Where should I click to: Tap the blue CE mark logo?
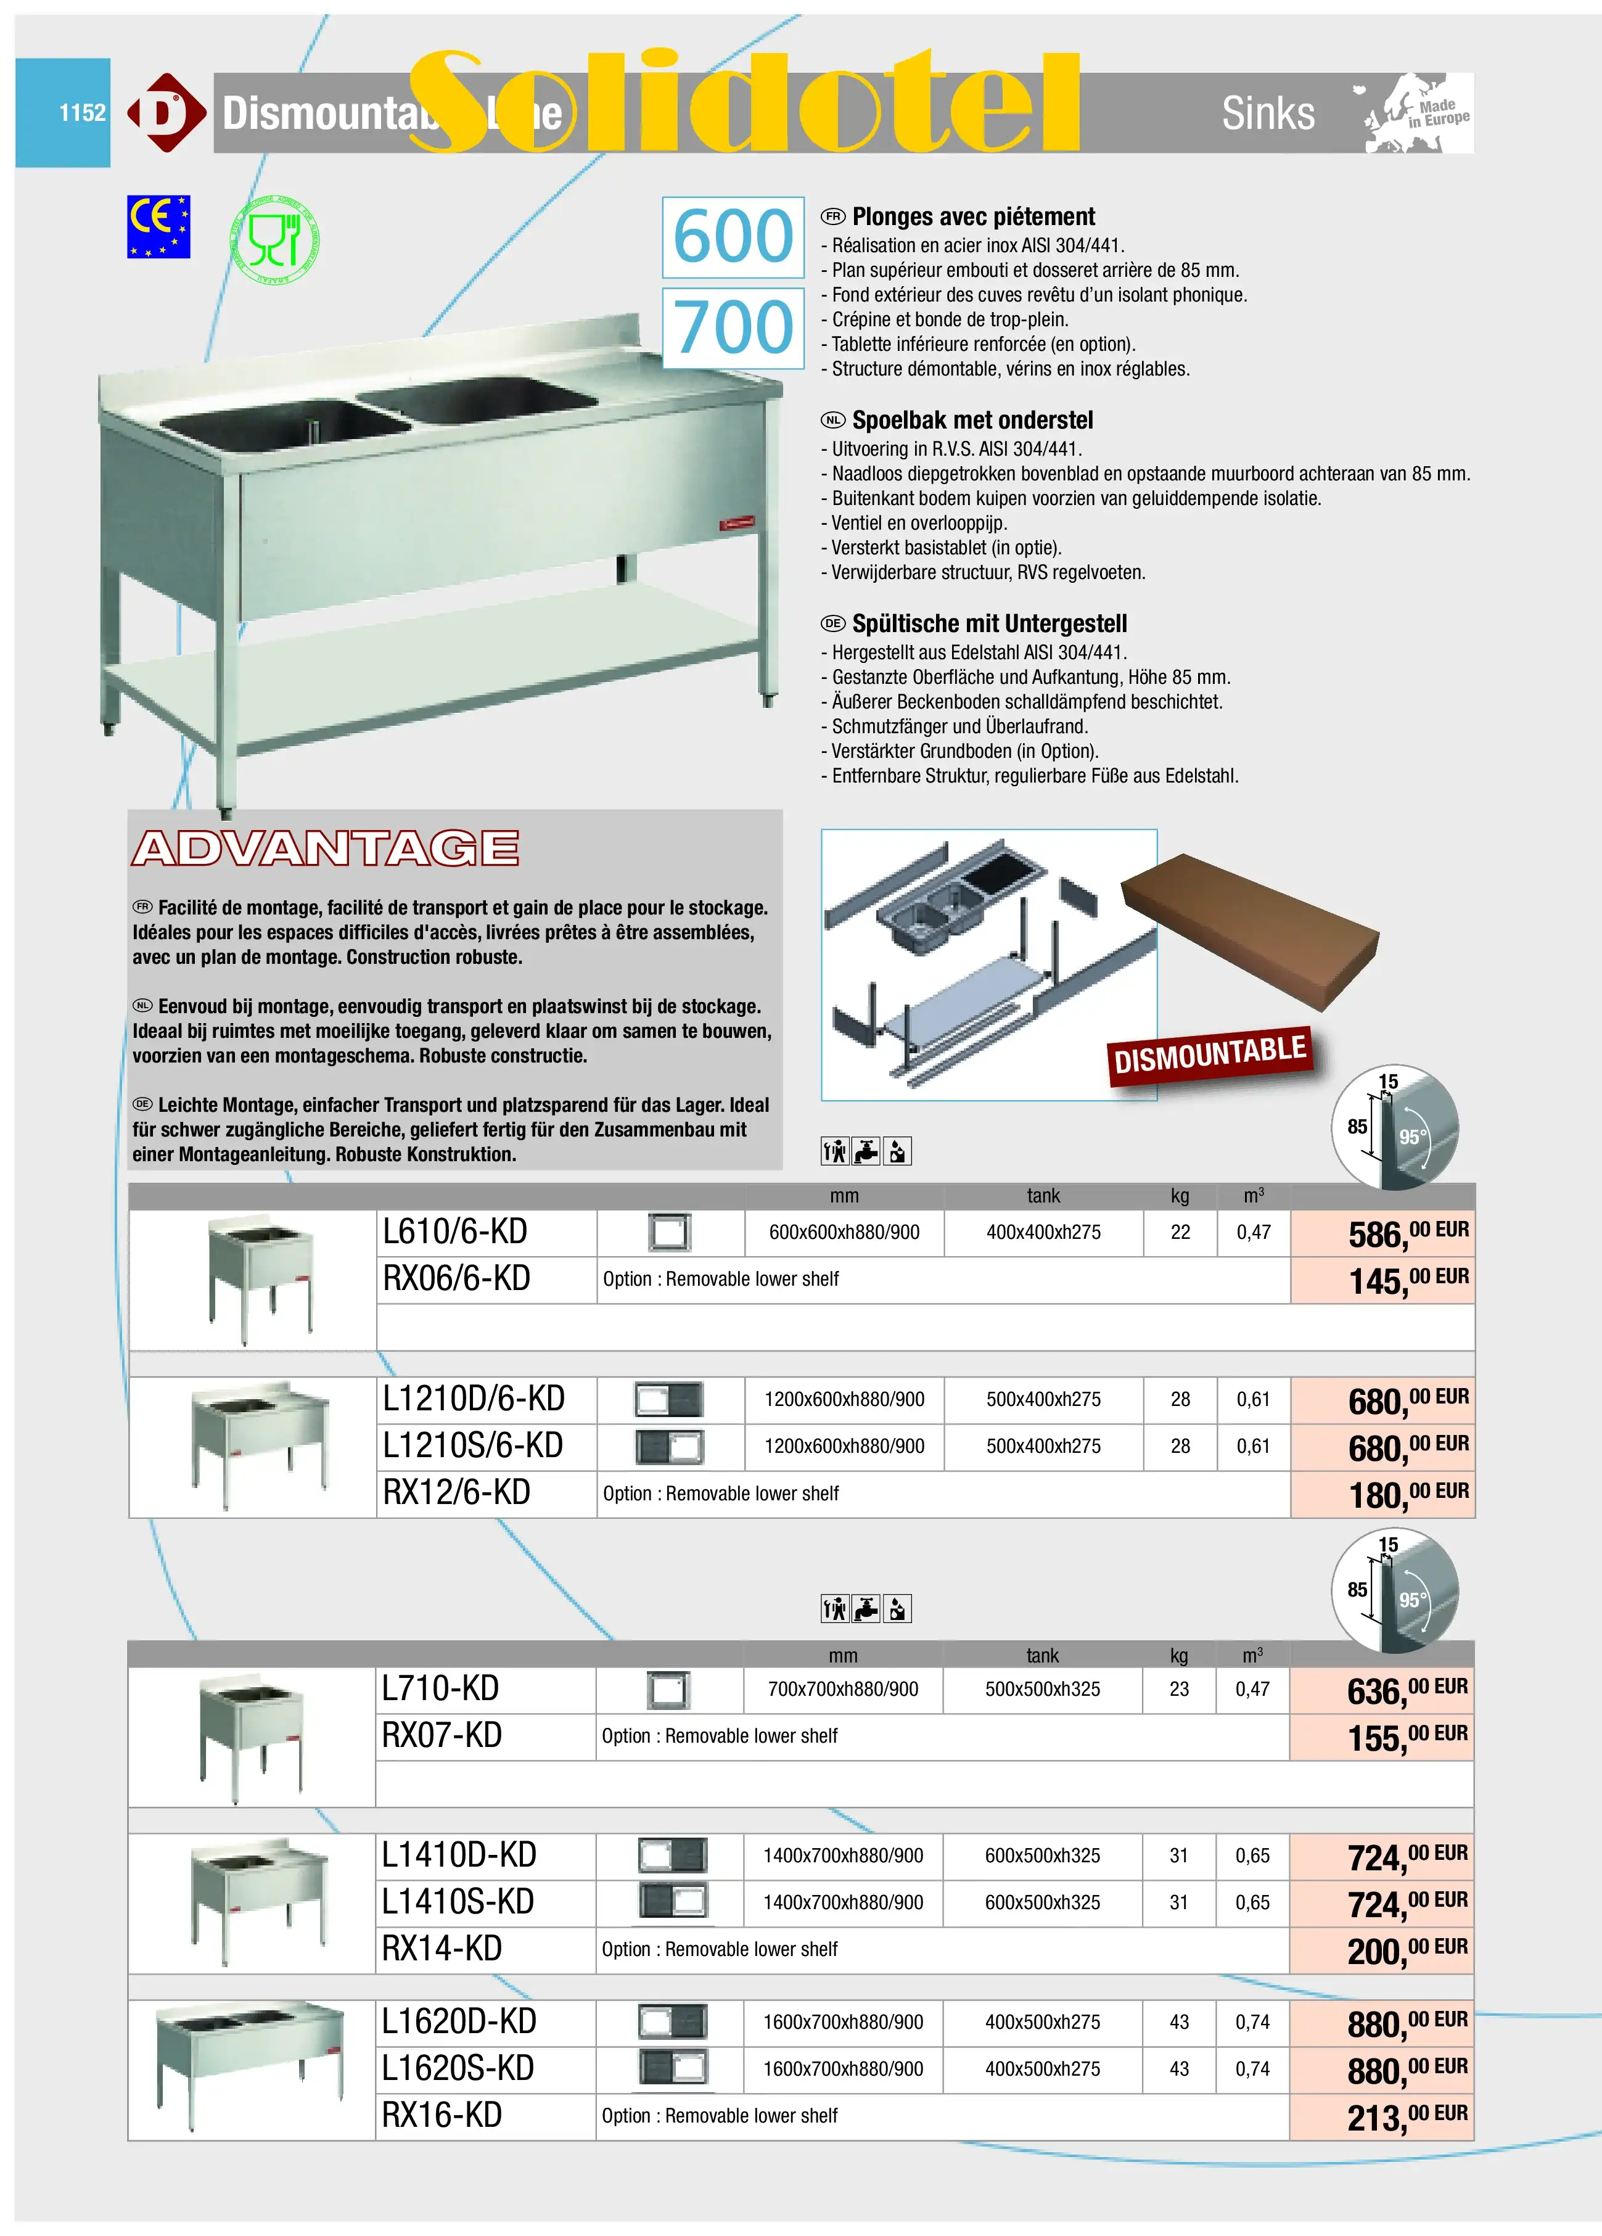158,227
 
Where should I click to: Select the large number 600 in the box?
733,237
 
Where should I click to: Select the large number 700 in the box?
733,328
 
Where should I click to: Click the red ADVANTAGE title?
326,849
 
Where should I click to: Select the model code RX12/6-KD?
456,1494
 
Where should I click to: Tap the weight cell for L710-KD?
1178,1690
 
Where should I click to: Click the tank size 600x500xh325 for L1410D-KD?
1042,1856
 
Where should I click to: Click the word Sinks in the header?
1268,113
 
